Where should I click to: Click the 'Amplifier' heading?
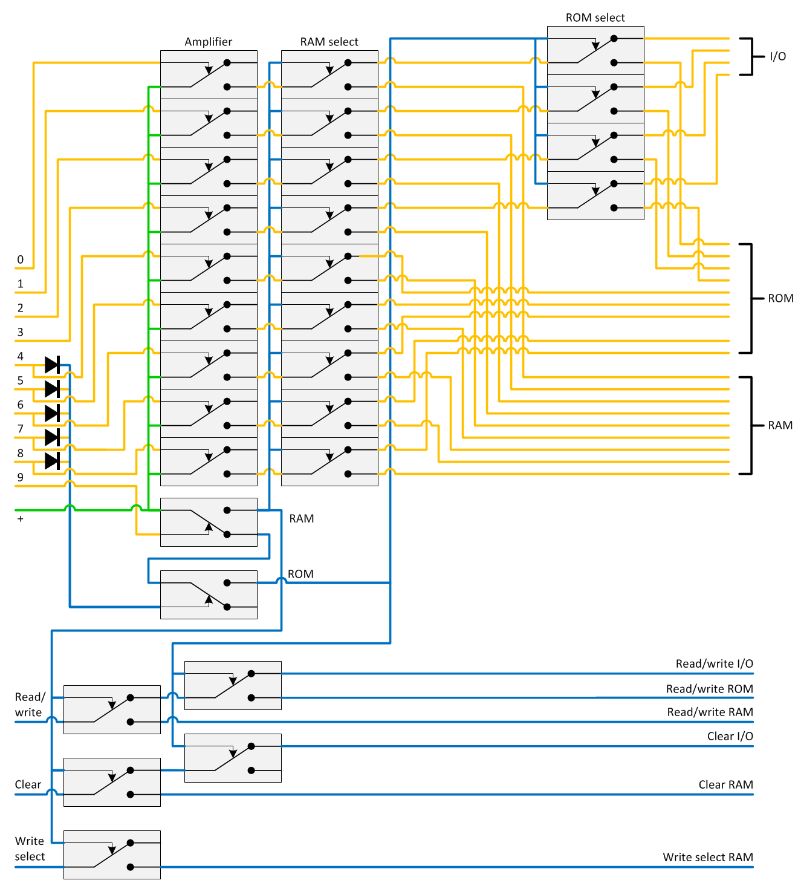coord(208,42)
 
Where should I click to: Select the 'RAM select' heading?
coord(329,42)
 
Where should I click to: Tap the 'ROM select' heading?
coord(595,18)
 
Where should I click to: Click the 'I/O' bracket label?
coord(777,56)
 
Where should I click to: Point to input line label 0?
coord(20,259)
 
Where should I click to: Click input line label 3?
coord(20,332)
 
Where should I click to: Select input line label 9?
coord(20,477)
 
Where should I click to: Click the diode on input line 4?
coord(52,365)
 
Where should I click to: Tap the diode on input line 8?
coord(52,461)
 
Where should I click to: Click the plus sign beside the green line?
coord(20,519)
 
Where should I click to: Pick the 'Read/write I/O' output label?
coord(714,663)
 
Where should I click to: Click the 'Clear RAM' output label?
coord(725,784)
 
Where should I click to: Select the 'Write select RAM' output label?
coord(707,857)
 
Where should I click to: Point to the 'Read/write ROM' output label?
coord(709,689)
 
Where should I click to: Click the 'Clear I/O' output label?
coord(730,736)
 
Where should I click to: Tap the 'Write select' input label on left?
coord(30,849)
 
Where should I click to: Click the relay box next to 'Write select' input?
coord(112,855)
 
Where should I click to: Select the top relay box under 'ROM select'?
coord(595,50)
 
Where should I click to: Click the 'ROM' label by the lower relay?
coord(300,574)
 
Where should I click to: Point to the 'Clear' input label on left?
coord(28,784)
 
